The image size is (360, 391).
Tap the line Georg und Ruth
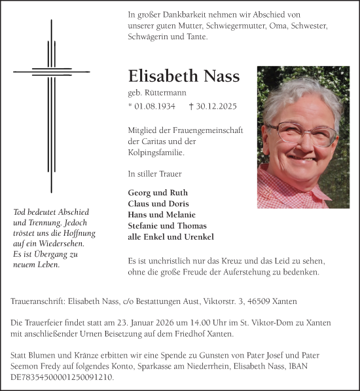(158, 193)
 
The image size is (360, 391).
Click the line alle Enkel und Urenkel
(171, 237)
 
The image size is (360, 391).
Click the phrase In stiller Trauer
(154, 174)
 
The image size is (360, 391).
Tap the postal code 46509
(261, 302)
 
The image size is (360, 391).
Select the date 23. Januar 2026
(135, 323)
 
